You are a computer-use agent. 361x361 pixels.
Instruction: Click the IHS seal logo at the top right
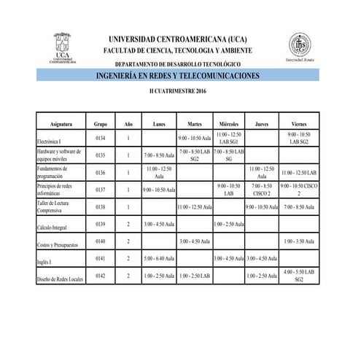298,49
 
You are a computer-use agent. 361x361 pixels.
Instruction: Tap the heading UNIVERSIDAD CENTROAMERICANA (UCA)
181,37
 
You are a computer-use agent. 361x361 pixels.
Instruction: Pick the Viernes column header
298,125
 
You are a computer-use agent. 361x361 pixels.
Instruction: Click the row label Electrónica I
50,141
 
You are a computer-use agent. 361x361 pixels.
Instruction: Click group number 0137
101,189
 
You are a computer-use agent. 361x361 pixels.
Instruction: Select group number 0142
101,276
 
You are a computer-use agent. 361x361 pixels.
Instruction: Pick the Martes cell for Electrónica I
194,137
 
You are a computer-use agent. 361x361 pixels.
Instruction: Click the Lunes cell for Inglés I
159,258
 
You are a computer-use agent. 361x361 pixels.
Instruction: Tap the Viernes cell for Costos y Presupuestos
298,241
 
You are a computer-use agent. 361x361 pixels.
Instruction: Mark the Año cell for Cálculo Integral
128,223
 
